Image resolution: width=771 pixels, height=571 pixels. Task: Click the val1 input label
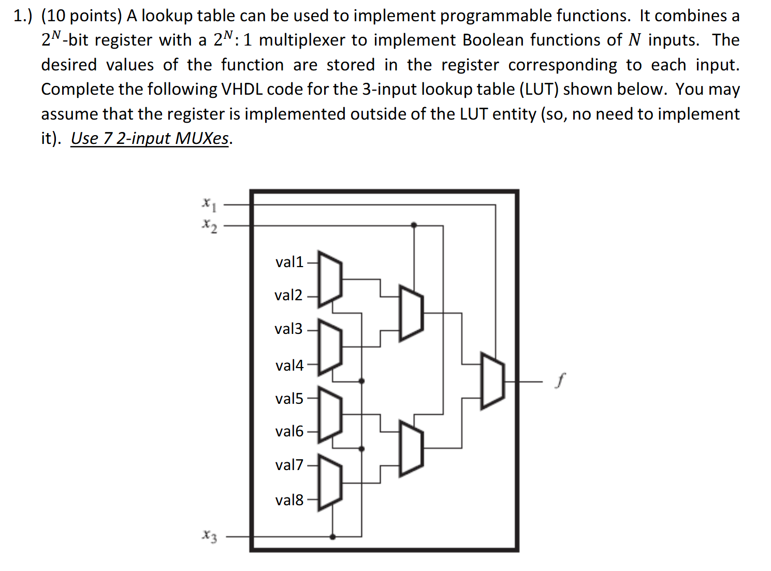(x=289, y=262)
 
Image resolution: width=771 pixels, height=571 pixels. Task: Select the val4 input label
(x=289, y=365)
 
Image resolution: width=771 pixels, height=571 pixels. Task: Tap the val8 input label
(x=289, y=500)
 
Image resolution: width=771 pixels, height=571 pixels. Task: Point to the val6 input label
(x=289, y=431)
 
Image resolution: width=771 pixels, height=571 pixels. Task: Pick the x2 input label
(x=209, y=225)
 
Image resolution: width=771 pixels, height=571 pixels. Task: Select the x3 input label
(x=209, y=536)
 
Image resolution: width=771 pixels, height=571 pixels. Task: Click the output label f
(x=559, y=380)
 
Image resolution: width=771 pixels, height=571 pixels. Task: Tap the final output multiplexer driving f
(x=492, y=381)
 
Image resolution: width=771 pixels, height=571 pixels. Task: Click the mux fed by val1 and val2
(x=330, y=279)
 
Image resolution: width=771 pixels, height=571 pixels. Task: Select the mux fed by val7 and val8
(x=330, y=482)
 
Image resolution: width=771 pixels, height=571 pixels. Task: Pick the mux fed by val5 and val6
(x=330, y=415)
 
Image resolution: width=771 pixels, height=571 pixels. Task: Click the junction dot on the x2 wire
(x=413, y=225)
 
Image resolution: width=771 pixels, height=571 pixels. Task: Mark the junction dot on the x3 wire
(x=332, y=536)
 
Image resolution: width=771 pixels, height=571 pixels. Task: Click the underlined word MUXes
(x=201, y=139)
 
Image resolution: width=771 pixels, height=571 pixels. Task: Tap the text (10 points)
(x=81, y=16)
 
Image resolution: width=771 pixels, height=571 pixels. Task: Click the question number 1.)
(x=23, y=16)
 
